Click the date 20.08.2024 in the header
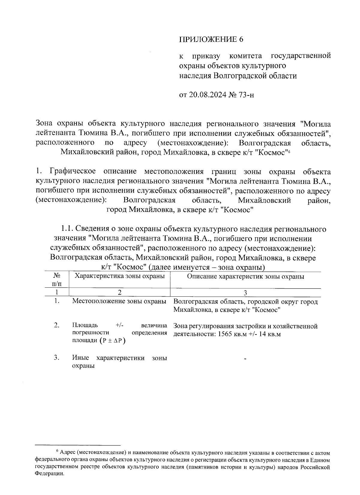coord(208,95)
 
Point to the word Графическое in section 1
coord(73,172)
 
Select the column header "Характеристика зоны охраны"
coord(119,276)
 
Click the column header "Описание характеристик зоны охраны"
coord(245,277)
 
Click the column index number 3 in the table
coord(245,293)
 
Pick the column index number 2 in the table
coord(119,293)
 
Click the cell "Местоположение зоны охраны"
coord(119,301)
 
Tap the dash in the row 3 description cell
coord(245,358)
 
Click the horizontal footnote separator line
coord(78,445)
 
